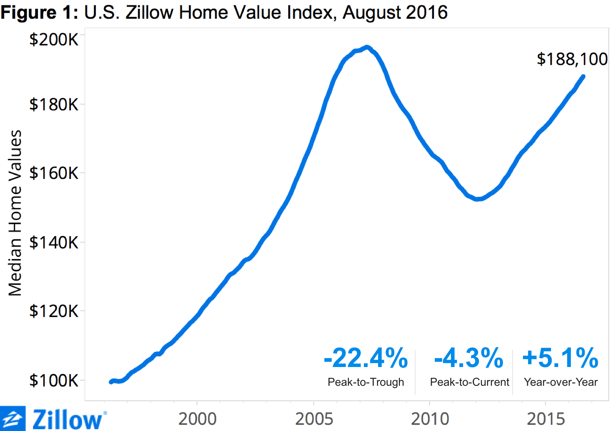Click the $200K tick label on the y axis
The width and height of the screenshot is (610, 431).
pyautogui.click(x=54, y=39)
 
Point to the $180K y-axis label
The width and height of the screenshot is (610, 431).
pyautogui.click(x=54, y=105)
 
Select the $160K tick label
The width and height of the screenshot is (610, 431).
pyautogui.click(x=54, y=173)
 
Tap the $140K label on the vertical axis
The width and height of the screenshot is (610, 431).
pyautogui.click(x=54, y=243)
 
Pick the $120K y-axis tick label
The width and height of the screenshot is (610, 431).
pyautogui.click(x=54, y=311)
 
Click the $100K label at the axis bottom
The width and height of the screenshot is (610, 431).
pyautogui.click(x=54, y=380)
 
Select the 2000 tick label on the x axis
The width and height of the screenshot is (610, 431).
pyautogui.click(x=197, y=419)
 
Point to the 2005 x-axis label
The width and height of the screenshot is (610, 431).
pyautogui.click(x=314, y=419)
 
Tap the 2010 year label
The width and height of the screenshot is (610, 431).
pyautogui.click(x=430, y=419)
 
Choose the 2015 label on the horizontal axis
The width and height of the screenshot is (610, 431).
pyautogui.click(x=546, y=419)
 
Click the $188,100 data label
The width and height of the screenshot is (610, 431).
pyautogui.click(x=572, y=59)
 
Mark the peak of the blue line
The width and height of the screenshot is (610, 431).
pyautogui.click(x=367, y=48)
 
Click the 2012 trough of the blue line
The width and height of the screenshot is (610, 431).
pyautogui.click(x=477, y=199)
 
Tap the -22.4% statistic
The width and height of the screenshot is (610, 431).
pyautogui.click(x=366, y=358)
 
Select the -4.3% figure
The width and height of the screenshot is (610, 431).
pyautogui.click(x=469, y=358)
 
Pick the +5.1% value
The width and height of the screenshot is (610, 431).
pyautogui.click(x=560, y=358)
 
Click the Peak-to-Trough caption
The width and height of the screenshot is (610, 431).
pyautogui.click(x=366, y=382)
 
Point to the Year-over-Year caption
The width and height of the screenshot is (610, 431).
pyautogui.click(x=561, y=382)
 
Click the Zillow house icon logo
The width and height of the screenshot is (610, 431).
pyautogui.click(x=13, y=419)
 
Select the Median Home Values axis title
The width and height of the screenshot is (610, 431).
pyautogui.click(x=15, y=213)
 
